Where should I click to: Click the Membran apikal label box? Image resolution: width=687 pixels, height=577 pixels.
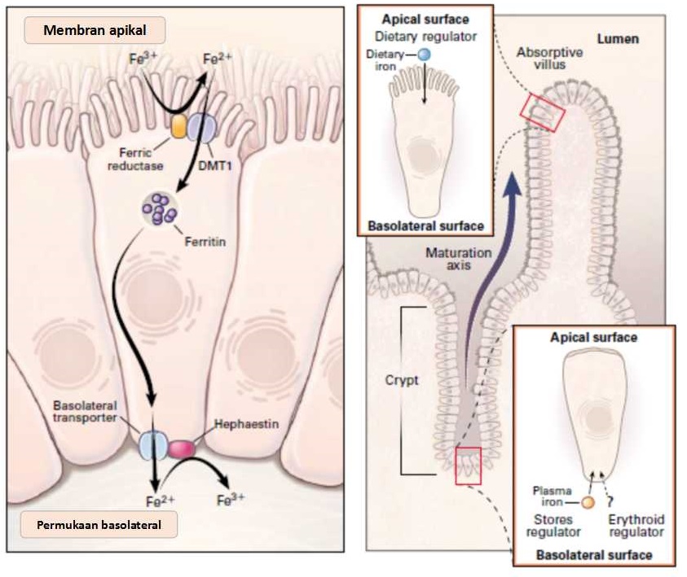click(x=95, y=31)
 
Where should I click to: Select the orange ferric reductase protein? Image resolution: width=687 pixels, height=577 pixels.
click(x=179, y=126)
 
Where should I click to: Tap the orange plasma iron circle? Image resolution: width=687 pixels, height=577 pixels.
click(x=587, y=501)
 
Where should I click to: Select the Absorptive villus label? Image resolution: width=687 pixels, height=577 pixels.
click(x=549, y=60)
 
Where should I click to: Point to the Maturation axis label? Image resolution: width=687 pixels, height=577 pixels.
click(x=459, y=259)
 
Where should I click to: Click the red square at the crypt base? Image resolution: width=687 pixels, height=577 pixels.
click(x=468, y=466)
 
